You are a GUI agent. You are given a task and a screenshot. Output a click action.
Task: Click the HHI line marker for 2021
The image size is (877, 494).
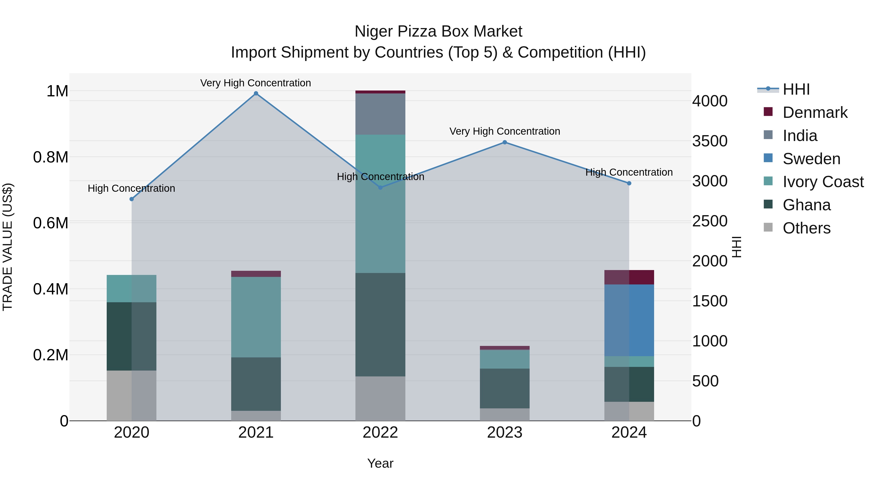(x=256, y=93)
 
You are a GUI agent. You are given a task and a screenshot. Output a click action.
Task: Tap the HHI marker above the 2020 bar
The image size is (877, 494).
(x=132, y=199)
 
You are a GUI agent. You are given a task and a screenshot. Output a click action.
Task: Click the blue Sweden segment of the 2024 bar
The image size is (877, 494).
(x=629, y=321)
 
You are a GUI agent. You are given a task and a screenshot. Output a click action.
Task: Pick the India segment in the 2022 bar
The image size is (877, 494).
(x=380, y=114)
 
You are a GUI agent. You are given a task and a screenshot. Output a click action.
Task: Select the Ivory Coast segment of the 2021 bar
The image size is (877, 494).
(x=256, y=317)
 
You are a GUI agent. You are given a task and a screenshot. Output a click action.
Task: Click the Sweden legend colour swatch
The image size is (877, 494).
(x=768, y=158)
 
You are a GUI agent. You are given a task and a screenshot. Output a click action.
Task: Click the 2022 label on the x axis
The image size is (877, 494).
(x=380, y=433)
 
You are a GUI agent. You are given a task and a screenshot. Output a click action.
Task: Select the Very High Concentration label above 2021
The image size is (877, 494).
(x=256, y=83)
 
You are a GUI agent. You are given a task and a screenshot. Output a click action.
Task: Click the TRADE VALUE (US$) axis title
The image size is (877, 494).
(x=8, y=247)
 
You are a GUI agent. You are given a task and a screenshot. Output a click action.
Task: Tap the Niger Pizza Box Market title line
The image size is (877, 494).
(x=438, y=31)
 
